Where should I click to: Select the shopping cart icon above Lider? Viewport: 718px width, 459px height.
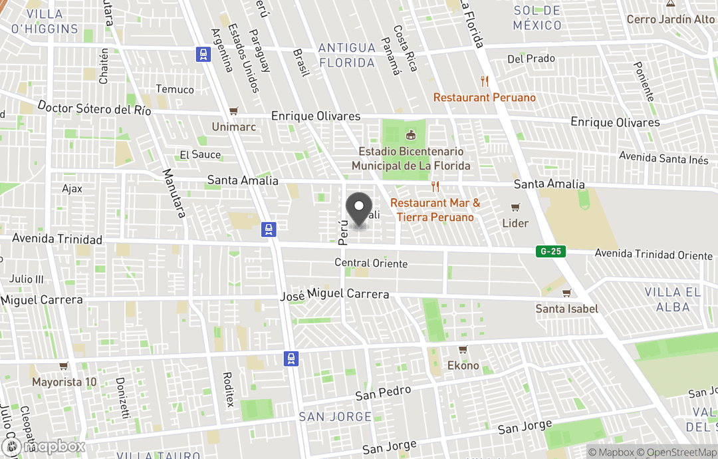coord(515,208)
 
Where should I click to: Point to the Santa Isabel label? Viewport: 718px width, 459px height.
coord(567,309)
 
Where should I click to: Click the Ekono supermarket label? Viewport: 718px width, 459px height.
coord(463,365)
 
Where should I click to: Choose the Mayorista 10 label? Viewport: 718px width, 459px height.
coord(64,382)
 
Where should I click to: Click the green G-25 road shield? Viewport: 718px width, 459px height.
coord(550,251)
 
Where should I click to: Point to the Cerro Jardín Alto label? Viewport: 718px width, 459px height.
coord(671,19)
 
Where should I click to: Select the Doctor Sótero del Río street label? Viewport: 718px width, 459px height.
coord(94,108)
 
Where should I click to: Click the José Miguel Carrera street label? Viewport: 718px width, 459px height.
coord(335,294)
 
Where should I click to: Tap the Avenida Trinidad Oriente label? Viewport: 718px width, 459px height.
coord(654,255)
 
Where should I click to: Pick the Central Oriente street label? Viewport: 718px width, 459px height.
coord(371,263)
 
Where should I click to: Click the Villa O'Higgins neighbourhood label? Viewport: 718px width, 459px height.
coord(45,21)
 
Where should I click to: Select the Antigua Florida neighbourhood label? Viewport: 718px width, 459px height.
coord(346,55)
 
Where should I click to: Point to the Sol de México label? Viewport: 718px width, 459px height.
coord(537,18)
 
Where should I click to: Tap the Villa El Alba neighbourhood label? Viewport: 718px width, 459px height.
coord(673,299)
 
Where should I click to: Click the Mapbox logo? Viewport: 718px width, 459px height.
coord(43,446)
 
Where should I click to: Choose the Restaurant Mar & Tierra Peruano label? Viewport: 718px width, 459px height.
coord(435,210)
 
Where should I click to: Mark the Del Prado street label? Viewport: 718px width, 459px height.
coord(531,59)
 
